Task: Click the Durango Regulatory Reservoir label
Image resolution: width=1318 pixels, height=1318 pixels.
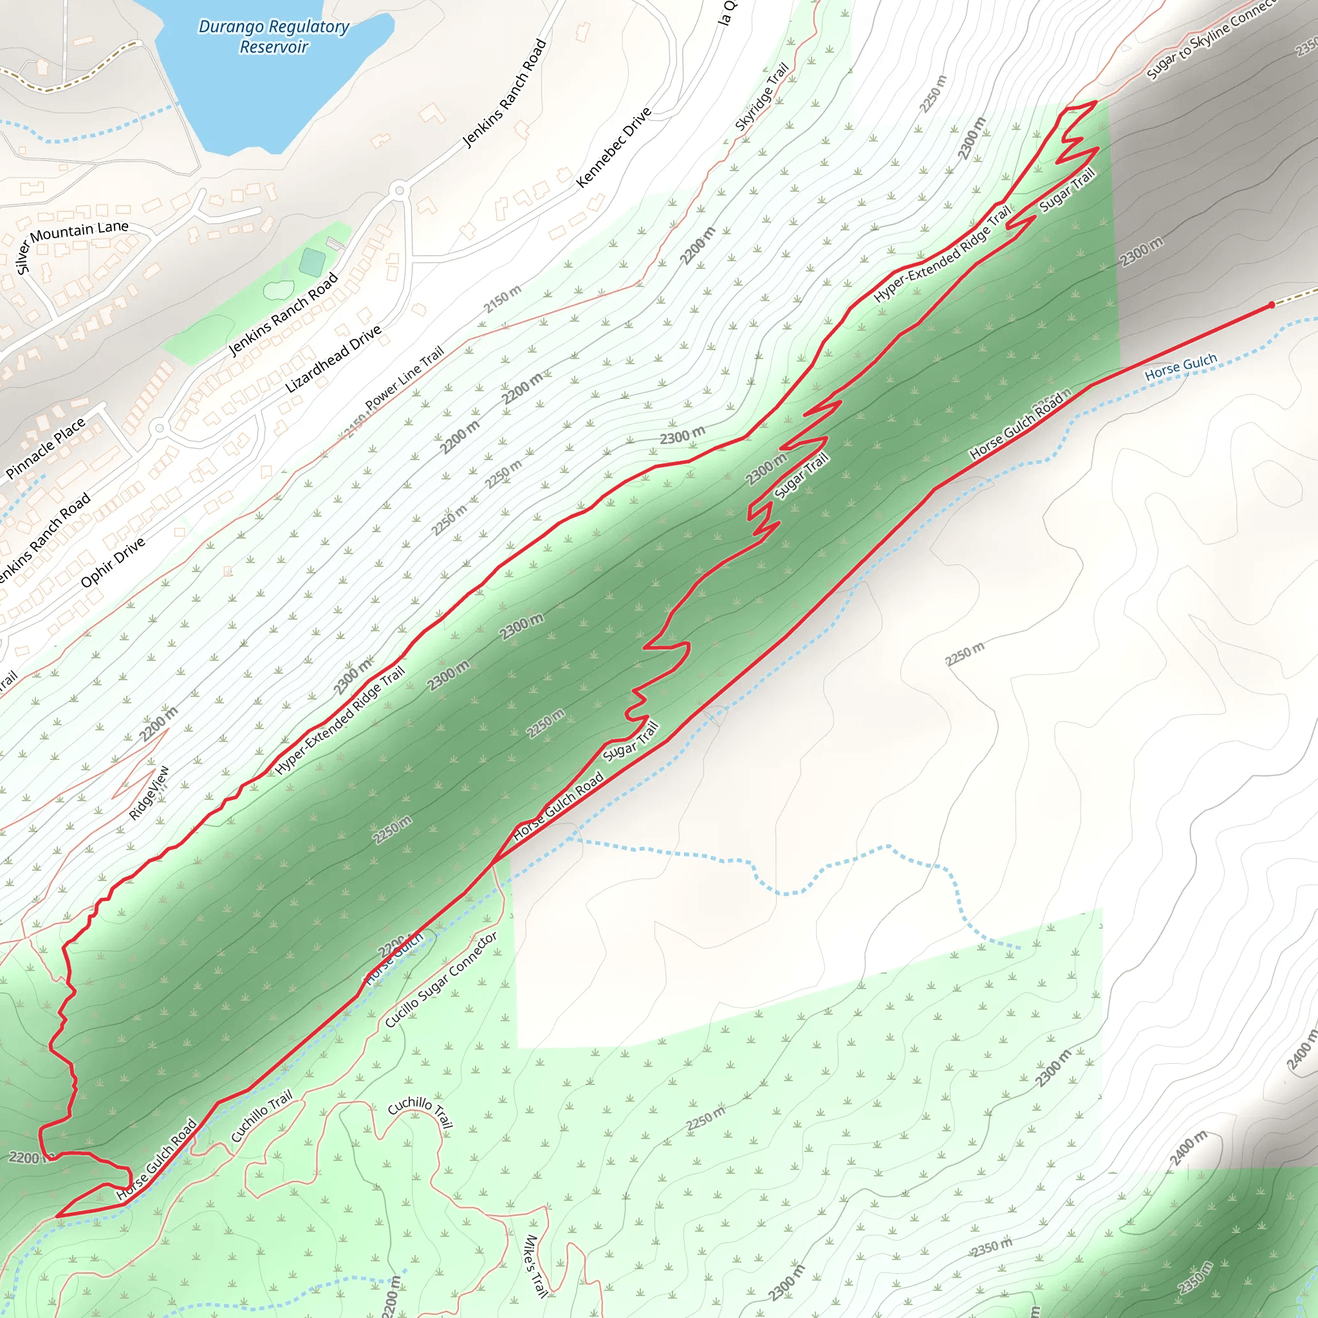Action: [x=274, y=37]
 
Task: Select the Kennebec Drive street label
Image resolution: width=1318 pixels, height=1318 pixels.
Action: [x=613, y=147]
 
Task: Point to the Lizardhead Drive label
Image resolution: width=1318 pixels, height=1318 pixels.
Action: [x=333, y=360]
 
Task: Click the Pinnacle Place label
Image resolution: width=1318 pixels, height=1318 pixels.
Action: [x=46, y=447]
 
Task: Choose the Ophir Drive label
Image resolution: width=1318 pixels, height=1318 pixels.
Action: [x=113, y=561]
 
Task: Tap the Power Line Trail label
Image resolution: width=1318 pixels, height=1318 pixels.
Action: [x=404, y=378]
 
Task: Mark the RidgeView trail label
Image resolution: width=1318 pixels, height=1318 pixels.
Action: [x=149, y=794]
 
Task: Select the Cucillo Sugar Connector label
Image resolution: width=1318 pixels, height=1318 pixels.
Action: [x=441, y=979]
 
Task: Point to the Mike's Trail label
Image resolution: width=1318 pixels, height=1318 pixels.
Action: [x=536, y=1266]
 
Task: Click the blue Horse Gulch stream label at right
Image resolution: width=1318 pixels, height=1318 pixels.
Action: [x=1180, y=367]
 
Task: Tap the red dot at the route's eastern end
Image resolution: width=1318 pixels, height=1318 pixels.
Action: [x=1272, y=305]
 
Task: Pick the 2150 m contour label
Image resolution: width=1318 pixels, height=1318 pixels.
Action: [x=502, y=299]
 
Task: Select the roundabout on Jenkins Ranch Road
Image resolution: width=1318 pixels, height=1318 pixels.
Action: [x=400, y=190]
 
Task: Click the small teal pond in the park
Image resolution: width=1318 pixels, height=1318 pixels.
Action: [x=312, y=262]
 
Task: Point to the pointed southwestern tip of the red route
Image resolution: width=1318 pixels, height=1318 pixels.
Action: [x=57, y=1216]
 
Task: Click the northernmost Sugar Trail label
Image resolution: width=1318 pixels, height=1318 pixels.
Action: [x=1067, y=190]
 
